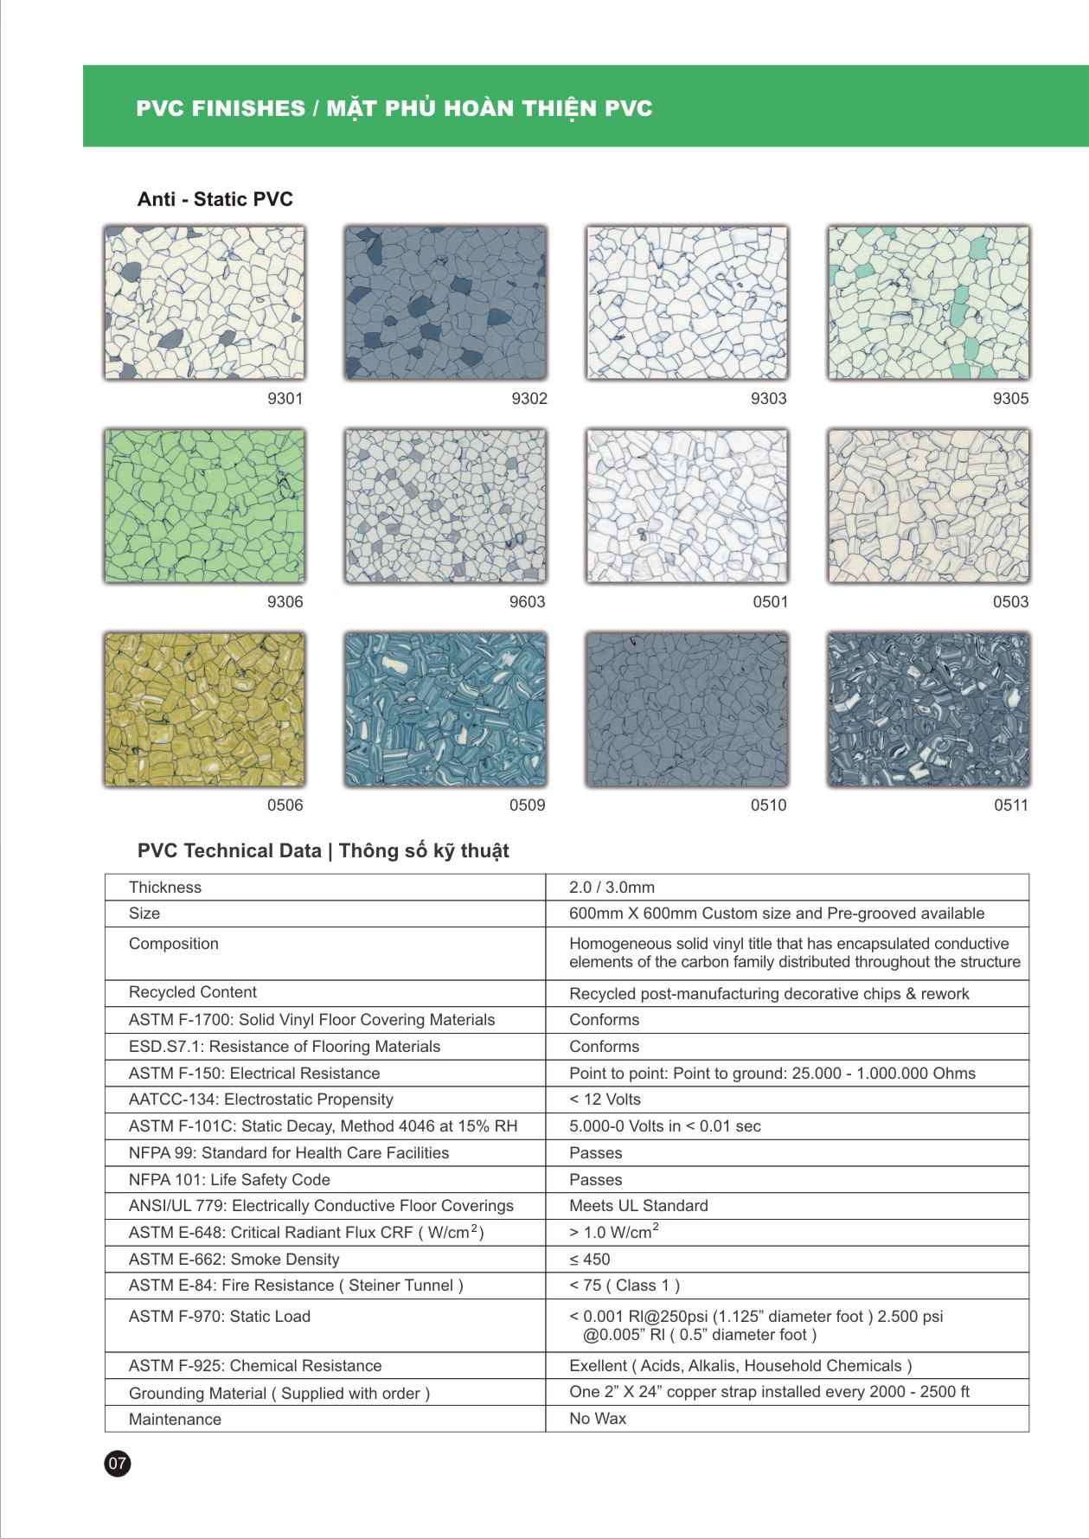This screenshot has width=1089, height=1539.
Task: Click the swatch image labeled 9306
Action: pos(204,506)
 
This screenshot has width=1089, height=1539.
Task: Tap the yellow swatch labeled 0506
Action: pos(204,709)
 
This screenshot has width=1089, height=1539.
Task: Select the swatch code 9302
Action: pos(529,399)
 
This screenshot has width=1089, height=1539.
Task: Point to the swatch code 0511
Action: pos(1010,805)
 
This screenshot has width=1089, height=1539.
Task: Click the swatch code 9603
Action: pos(527,602)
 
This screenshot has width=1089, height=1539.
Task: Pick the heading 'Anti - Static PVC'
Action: pos(215,200)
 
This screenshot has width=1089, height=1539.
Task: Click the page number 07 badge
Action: pos(117,1464)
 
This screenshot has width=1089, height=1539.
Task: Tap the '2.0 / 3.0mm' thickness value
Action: pos(612,888)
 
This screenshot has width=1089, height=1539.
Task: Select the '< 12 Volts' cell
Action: pos(605,1100)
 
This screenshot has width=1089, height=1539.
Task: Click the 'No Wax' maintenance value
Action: pos(598,1419)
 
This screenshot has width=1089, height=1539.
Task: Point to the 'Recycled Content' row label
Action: pos(193,992)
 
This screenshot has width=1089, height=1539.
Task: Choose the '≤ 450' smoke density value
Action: pos(589,1260)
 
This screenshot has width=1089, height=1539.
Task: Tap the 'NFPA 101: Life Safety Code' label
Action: pos(229,1180)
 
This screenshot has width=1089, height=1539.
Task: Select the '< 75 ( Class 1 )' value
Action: pos(624,1286)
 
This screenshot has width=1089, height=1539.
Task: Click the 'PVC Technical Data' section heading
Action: pos(323,851)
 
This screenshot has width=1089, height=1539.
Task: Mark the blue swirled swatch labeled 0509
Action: pos(445,709)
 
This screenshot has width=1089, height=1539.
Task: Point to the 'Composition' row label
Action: pos(174,944)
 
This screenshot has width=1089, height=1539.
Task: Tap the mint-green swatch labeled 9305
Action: pos(928,303)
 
